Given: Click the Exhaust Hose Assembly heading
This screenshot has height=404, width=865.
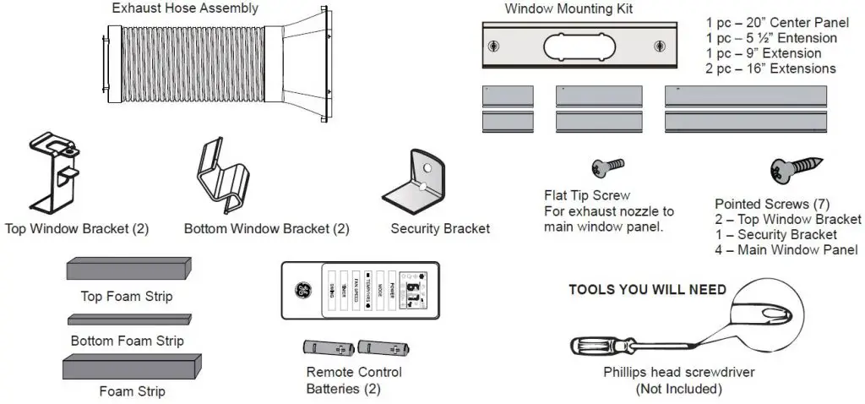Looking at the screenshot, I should (x=185, y=9).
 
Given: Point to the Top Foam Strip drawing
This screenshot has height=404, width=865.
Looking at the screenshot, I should (x=128, y=270).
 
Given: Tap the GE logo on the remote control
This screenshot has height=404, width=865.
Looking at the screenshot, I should (x=302, y=290).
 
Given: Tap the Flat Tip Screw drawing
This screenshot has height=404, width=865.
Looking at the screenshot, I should (x=609, y=166).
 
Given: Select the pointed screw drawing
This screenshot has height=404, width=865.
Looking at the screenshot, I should (x=789, y=173).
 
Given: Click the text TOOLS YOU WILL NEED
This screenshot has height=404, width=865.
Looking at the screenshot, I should (x=647, y=289).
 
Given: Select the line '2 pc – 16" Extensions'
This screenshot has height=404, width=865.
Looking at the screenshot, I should (x=770, y=68).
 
